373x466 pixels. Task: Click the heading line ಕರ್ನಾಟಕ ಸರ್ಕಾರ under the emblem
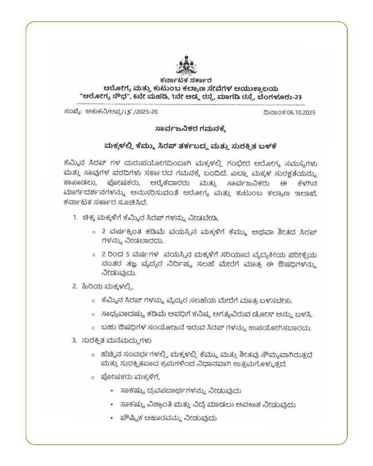186,81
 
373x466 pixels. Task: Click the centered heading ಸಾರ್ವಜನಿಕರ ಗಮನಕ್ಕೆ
186,130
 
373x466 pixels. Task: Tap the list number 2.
74,286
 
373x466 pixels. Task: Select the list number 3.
74,340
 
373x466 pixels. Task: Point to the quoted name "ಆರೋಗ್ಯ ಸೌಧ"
102,97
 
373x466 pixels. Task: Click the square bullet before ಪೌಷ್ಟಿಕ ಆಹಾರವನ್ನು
111,417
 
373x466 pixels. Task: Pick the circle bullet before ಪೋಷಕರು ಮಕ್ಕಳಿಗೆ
93,377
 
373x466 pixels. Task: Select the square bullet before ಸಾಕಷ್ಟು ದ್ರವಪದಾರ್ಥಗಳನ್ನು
111,390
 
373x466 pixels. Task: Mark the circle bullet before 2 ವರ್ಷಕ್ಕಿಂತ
93,232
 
